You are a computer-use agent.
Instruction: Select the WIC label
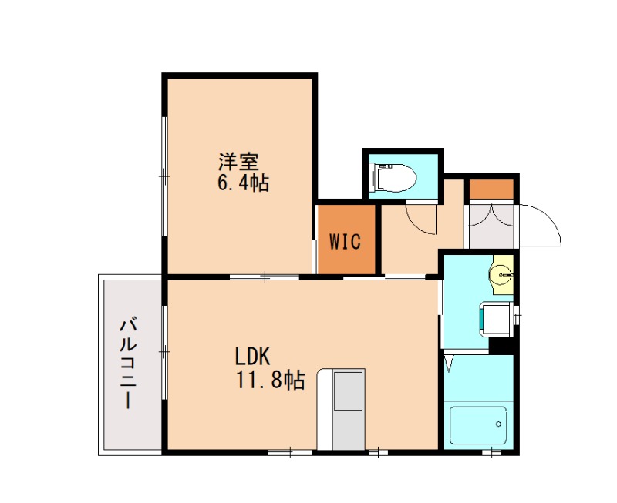[x=346, y=241]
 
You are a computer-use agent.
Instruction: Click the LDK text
[x=252, y=357]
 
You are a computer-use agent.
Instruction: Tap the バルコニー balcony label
[x=128, y=364]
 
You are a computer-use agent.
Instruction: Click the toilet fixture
[x=395, y=178]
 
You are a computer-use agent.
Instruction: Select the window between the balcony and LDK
[x=164, y=351]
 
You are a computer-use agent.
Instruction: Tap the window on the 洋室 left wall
[x=164, y=176]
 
